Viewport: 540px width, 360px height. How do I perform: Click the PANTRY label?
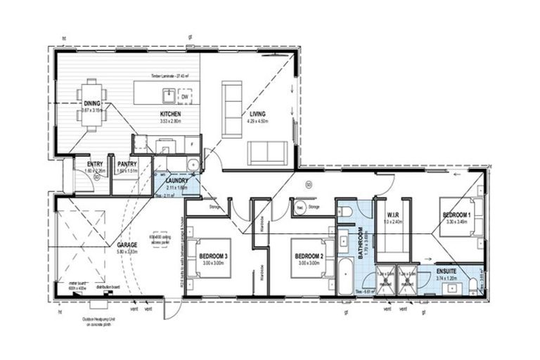tap(127, 164)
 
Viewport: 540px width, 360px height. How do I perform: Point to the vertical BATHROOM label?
tap(359, 244)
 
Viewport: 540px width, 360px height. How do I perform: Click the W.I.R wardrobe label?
tap(392, 214)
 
